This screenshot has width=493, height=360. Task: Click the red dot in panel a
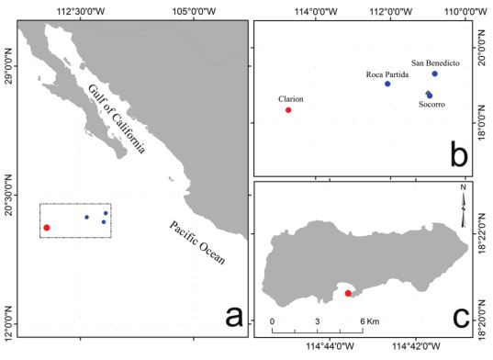47,227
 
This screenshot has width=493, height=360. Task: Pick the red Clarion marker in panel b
288,110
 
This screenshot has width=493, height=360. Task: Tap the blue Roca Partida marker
387,84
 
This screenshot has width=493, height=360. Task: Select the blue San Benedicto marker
434,73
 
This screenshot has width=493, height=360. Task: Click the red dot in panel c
348,293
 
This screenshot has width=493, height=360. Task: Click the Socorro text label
431,105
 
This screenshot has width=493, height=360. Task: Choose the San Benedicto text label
436,61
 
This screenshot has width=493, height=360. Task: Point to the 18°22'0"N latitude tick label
484,234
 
